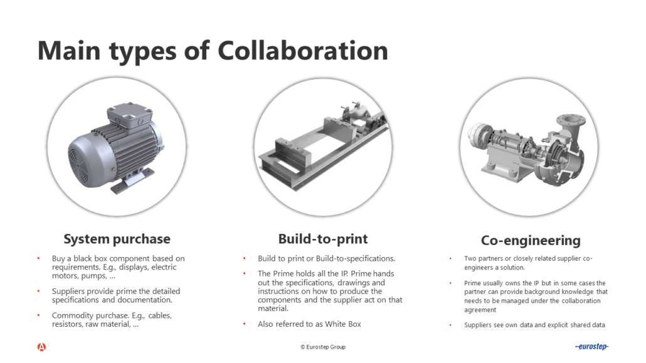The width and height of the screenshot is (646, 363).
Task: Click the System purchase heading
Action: (117, 239)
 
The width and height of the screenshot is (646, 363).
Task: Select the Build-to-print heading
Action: (323, 239)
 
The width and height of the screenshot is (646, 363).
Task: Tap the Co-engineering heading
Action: (531, 240)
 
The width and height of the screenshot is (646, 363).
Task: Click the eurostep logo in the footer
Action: (591, 347)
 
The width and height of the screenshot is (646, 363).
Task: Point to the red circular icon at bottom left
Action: (41, 347)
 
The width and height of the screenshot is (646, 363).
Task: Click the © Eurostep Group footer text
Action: (322, 347)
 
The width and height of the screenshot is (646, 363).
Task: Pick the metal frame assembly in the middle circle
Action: (322, 147)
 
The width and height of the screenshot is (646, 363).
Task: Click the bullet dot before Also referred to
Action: (245, 324)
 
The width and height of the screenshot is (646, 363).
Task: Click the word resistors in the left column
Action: (68, 325)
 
